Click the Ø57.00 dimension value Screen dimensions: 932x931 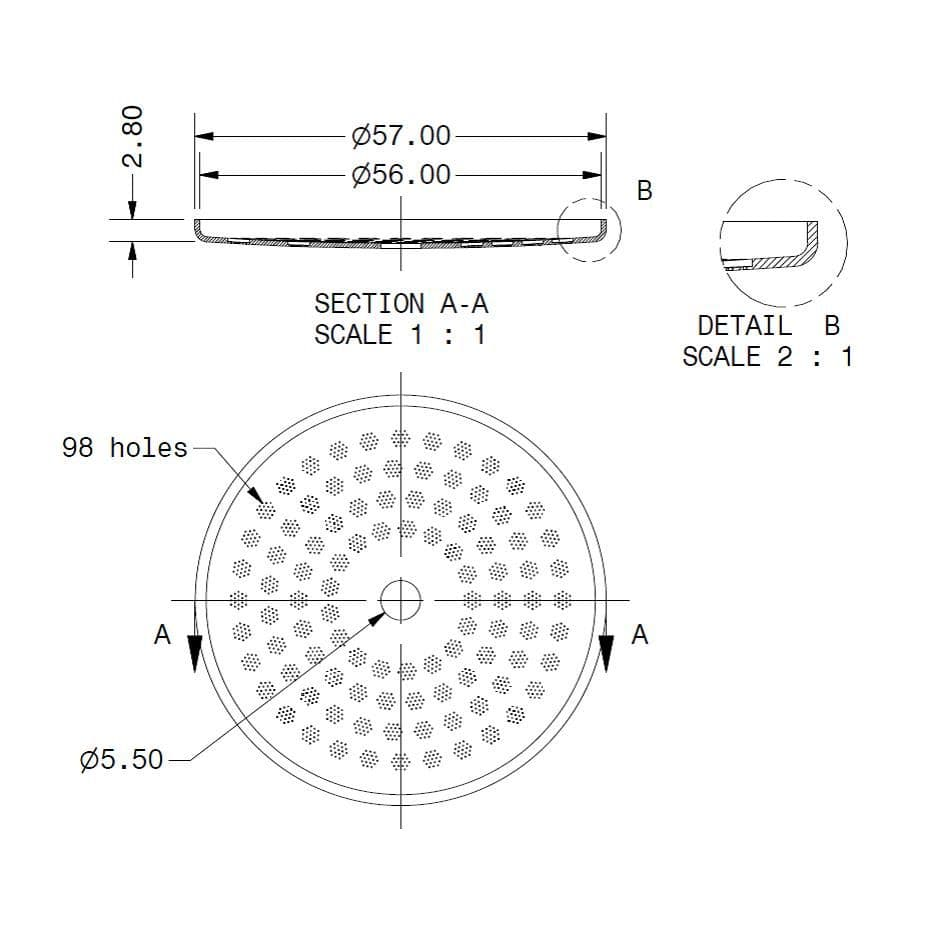point(401,136)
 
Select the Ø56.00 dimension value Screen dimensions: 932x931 point(401,175)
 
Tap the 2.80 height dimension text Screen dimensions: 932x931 point(132,136)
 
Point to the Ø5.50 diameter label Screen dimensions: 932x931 point(121,760)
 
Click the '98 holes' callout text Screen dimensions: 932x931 point(125,448)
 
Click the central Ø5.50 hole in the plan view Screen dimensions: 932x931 point(401,600)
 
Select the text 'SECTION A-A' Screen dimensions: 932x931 point(401,304)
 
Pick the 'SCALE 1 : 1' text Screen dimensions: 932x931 point(400,335)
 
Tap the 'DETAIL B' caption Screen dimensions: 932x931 point(768,326)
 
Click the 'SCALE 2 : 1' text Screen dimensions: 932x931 point(767,357)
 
